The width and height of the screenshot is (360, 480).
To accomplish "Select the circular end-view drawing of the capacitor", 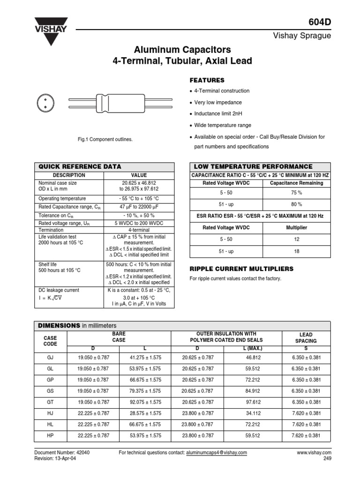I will pyautogui.click(x=45, y=103).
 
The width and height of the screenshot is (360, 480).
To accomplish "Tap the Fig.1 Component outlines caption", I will pyautogui.click(x=105, y=140).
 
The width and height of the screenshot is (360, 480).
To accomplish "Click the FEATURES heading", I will pyautogui.click(x=206, y=80).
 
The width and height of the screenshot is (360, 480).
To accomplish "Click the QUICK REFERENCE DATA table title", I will pyautogui.click(x=79, y=166).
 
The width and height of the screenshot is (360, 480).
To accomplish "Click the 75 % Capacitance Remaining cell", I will pyautogui.click(x=296, y=192).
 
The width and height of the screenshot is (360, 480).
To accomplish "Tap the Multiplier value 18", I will pyautogui.click(x=296, y=251).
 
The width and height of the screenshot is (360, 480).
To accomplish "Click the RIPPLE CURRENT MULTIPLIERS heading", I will pyautogui.click(x=241, y=269).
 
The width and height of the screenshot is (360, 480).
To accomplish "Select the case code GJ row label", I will pyautogui.click(x=50, y=357).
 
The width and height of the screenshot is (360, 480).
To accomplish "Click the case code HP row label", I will pyautogui.click(x=50, y=435).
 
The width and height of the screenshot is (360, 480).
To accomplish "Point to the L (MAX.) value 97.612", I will pyautogui.click(x=252, y=402).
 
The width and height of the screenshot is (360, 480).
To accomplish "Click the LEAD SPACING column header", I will pyautogui.click(x=306, y=338).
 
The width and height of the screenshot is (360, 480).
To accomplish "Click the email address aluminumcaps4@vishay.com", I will pyautogui.click(x=216, y=453).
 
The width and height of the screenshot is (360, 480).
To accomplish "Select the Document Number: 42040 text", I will pyautogui.click(x=55, y=453).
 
